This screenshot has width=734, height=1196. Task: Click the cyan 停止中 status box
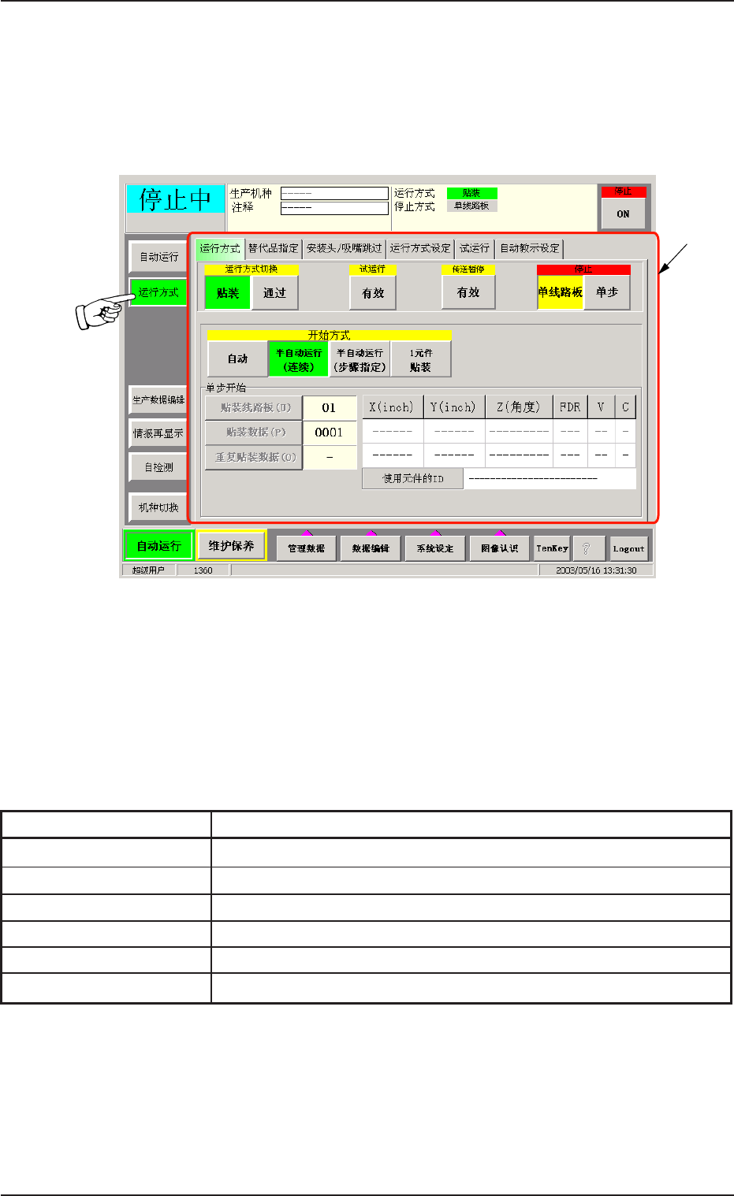pyautogui.click(x=176, y=199)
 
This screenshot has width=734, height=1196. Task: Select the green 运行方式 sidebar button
pyautogui.click(x=158, y=292)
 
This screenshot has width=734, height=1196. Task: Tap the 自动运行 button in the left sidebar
pyautogui.click(x=158, y=257)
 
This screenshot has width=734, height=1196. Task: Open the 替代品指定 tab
pyautogui.click(x=274, y=248)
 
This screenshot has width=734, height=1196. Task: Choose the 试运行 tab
pyautogui.click(x=475, y=248)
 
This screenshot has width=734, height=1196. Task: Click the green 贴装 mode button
pyautogui.click(x=228, y=293)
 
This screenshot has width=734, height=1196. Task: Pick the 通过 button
pyautogui.click(x=274, y=293)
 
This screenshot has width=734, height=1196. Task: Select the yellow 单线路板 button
pyautogui.click(x=561, y=292)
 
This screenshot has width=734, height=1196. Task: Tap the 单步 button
pyautogui.click(x=607, y=292)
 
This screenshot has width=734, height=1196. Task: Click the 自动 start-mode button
pyautogui.click(x=237, y=359)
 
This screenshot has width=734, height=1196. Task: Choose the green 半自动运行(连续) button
pyautogui.click(x=299, y=359)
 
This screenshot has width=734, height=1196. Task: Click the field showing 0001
pyautogui.click(x=329, y=433)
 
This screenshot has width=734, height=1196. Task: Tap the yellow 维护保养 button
pyautogui.click(x=231, y=545)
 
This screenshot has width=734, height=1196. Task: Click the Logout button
pyautogui.click(x=628, y=548)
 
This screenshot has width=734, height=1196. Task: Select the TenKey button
pyautogui.click(x=552, y=548)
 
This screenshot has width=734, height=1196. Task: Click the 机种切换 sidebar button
pyautogui.click(x=158, y=507)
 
